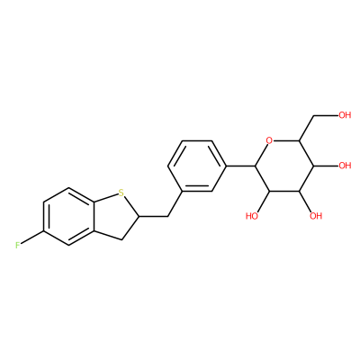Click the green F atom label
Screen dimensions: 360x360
click(x=18, y=245)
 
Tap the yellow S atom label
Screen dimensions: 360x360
click(x=121, y=193)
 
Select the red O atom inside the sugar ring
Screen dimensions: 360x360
click(x=270, y=140)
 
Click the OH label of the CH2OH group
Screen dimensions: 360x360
click(x=345, y=115)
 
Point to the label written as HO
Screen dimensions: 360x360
click(x=252, y=216)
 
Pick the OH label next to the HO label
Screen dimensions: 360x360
click(x=316, y=216)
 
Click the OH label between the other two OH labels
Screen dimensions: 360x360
click(x=345, y=166)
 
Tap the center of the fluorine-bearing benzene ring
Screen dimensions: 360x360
click(x=69, y=217)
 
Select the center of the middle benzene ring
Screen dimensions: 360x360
click(x=197, y=166)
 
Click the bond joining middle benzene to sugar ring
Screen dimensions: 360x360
click(x=240, y=166)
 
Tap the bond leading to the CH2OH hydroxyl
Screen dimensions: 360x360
click(x=326, y=115)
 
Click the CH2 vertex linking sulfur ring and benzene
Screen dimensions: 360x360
click(x=167, y=216)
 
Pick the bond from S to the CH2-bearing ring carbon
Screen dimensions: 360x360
click(x=130, y=206)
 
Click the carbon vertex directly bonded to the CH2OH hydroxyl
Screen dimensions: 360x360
click(x=313, y=115)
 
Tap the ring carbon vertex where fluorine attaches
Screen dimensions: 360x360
click(x=44, y=231)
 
